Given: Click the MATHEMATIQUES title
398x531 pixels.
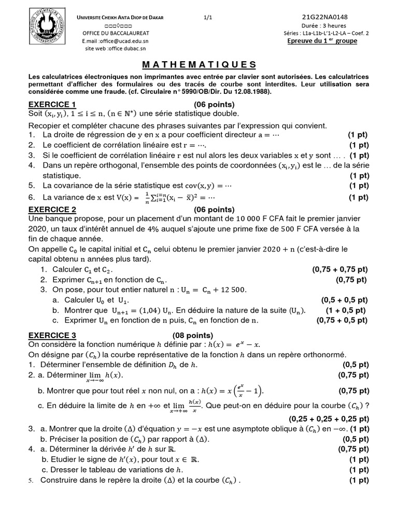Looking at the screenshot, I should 199,65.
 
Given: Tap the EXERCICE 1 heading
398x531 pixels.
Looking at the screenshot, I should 52,104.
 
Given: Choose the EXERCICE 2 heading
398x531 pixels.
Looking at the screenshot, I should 52,209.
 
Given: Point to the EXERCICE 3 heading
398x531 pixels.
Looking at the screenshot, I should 52,335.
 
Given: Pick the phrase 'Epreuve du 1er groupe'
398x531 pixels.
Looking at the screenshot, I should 322,41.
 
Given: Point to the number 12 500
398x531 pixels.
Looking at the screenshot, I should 228,289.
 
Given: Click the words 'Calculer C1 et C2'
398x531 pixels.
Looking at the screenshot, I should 82,270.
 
